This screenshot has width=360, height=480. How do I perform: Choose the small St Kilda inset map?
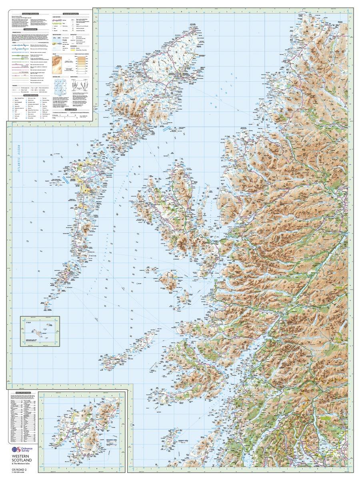point(40,330)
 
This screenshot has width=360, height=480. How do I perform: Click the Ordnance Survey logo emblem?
point(17,450)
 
